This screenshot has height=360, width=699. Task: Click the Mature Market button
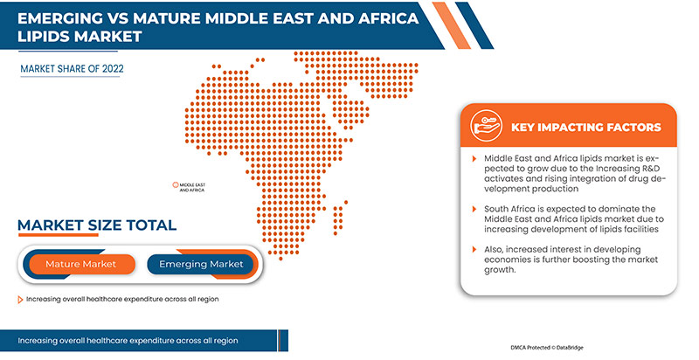(x=80, y=264)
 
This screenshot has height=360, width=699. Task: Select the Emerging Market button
(x=201, y=264)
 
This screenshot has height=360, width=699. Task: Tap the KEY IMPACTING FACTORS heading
(x=585, y=128)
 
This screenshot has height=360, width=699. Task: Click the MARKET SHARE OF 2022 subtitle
(x=73, y=66)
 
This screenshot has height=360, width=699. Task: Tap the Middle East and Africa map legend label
(x=191, y=187)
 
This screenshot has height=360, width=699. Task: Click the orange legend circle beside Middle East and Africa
(x=175, y=185)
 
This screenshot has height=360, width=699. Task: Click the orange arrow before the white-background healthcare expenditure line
(x=20, y=299)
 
